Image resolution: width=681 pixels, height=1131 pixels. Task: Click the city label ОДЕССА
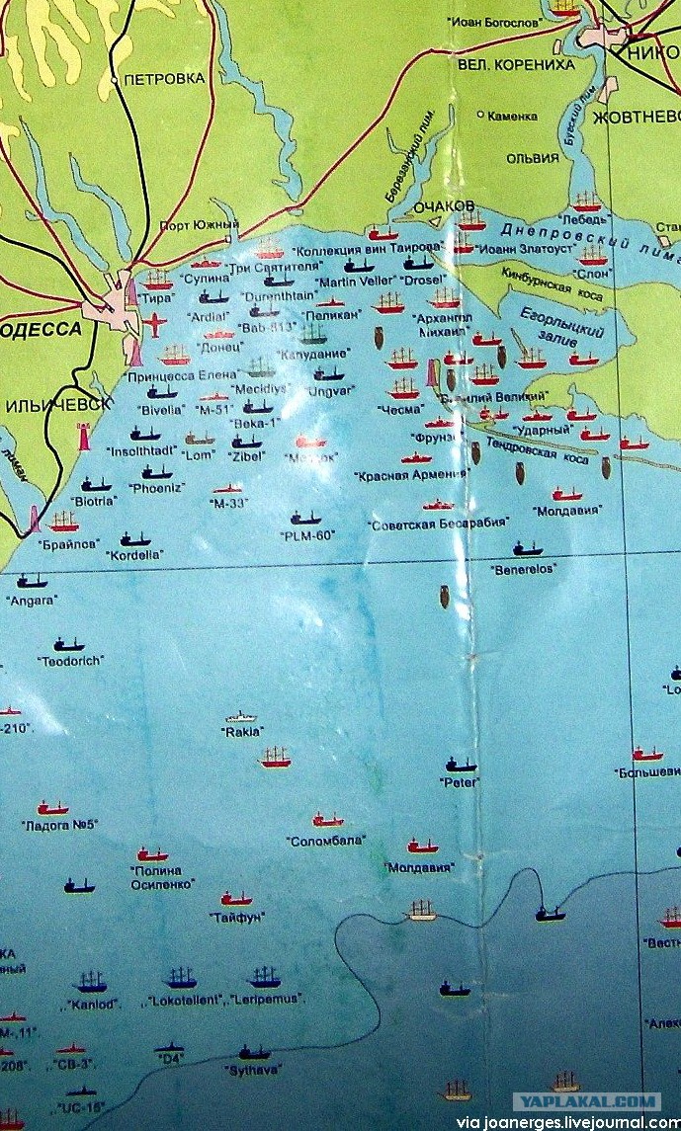[x=39, y=330]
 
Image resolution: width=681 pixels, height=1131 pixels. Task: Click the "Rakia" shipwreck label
[x=242, y=733]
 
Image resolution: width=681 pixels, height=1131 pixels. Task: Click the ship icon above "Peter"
[x=460, y=765]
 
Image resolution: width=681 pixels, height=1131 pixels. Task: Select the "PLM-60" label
[x=306, y=535]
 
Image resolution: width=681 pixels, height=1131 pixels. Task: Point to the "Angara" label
[x=32, y=599]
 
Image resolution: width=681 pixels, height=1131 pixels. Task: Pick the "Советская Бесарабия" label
[x=438, y=522]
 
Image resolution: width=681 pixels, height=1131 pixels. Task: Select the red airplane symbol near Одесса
[x=153, y=322]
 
